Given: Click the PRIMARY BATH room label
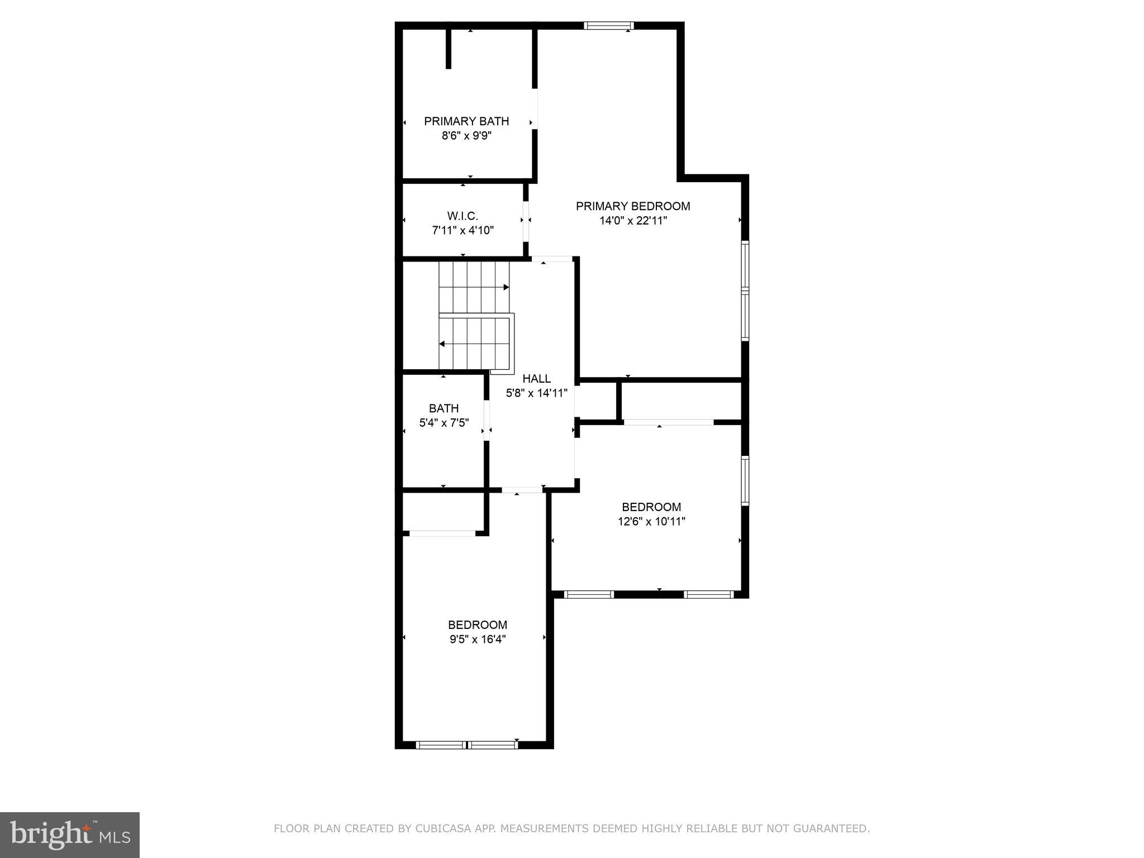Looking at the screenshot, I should (x=466, y=121).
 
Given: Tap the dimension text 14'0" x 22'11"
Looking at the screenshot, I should (x=633, y=221).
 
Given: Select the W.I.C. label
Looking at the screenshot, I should (x=463, y=216).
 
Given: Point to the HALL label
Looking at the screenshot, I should (x=536, y=379).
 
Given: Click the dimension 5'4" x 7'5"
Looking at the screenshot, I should (x=444, y=423).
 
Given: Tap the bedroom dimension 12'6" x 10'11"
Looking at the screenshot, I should (x=651, y=522).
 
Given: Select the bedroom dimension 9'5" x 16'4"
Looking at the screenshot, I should (x=478, y=640).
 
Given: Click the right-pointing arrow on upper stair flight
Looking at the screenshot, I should (x=506, y=287).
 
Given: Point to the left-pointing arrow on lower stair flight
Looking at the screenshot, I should (x=442, y=344).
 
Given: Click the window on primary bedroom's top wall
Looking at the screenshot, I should (x=609, y=25).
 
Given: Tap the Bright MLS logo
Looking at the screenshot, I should (x=70, y=835).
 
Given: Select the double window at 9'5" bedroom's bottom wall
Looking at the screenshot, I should (x=467, y=745).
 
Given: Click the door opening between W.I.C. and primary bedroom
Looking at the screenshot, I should (x=525, y=220).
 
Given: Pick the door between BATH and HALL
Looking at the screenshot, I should (x=487, y=421).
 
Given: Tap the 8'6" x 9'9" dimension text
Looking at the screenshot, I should (x=466, y=136).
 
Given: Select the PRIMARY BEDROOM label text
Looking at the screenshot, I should (x=633, y=206).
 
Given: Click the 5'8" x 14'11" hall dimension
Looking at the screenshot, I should (x=536, y=393).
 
